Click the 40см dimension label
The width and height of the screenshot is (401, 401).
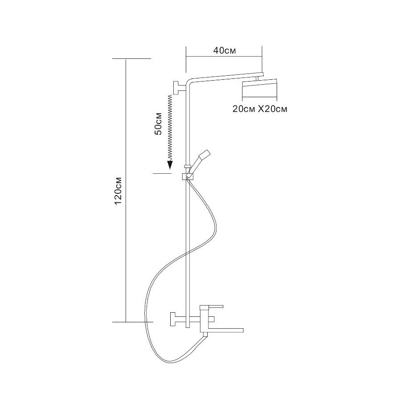point(224,50)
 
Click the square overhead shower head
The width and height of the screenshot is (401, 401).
point(260,89)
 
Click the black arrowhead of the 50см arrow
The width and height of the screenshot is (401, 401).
point(170,165)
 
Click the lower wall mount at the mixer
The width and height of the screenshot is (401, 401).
point(174,319)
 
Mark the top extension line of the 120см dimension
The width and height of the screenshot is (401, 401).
point(131,58)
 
